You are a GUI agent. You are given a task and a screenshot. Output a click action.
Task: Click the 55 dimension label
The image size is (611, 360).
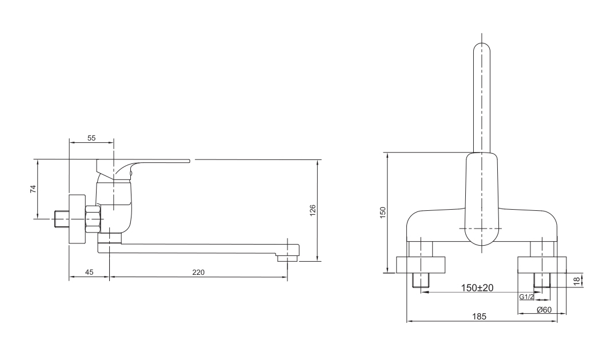(91, 138)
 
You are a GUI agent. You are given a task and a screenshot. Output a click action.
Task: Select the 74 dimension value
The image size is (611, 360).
(33, 189)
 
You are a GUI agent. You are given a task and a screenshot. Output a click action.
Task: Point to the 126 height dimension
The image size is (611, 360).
(313, 210)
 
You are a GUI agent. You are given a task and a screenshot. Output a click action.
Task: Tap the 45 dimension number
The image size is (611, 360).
(89, 273)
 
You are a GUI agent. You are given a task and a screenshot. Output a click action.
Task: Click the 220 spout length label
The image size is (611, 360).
(198, 273)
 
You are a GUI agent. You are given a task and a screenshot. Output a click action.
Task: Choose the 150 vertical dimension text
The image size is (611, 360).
(382, 213)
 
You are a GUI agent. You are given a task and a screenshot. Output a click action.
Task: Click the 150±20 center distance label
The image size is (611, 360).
(477, 288)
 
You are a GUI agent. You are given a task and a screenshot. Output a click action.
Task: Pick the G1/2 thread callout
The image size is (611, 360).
(526, 297)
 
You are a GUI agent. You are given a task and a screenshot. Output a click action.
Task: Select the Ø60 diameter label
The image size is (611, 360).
(544, 310)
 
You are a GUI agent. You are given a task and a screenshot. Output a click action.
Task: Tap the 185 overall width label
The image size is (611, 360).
(480, 317)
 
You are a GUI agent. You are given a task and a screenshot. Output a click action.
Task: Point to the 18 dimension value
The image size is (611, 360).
(577, 281)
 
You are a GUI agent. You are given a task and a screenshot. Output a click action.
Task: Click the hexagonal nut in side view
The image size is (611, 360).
(93, 219)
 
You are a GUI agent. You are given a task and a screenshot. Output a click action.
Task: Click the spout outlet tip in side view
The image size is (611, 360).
(288, 258)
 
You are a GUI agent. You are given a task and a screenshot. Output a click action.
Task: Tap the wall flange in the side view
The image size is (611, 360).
(77, 219)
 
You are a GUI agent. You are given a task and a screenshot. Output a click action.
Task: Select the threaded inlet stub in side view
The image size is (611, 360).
(61, 219)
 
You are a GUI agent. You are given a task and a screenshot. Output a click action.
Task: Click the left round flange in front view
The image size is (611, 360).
(421, 265)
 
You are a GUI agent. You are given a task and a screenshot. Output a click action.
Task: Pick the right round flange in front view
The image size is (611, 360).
(542, 265)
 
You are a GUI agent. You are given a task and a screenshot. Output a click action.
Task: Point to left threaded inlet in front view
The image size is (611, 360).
(421, 280)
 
